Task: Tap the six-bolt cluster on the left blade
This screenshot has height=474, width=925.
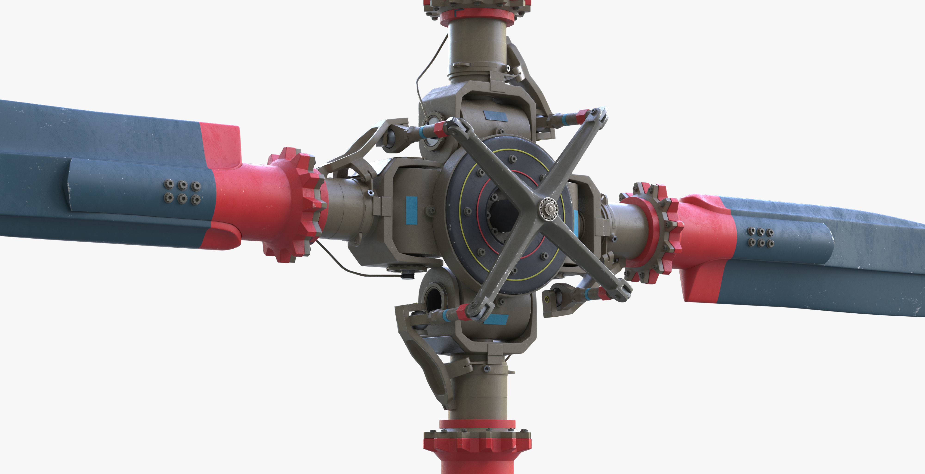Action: tap(182, 192)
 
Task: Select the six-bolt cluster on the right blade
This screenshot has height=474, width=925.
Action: tap(760, 237)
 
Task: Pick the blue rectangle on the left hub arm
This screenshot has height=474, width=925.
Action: tap(412, 211)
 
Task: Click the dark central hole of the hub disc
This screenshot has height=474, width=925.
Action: tap(503, 216)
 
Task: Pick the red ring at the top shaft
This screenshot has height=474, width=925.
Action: tap(477, 18)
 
